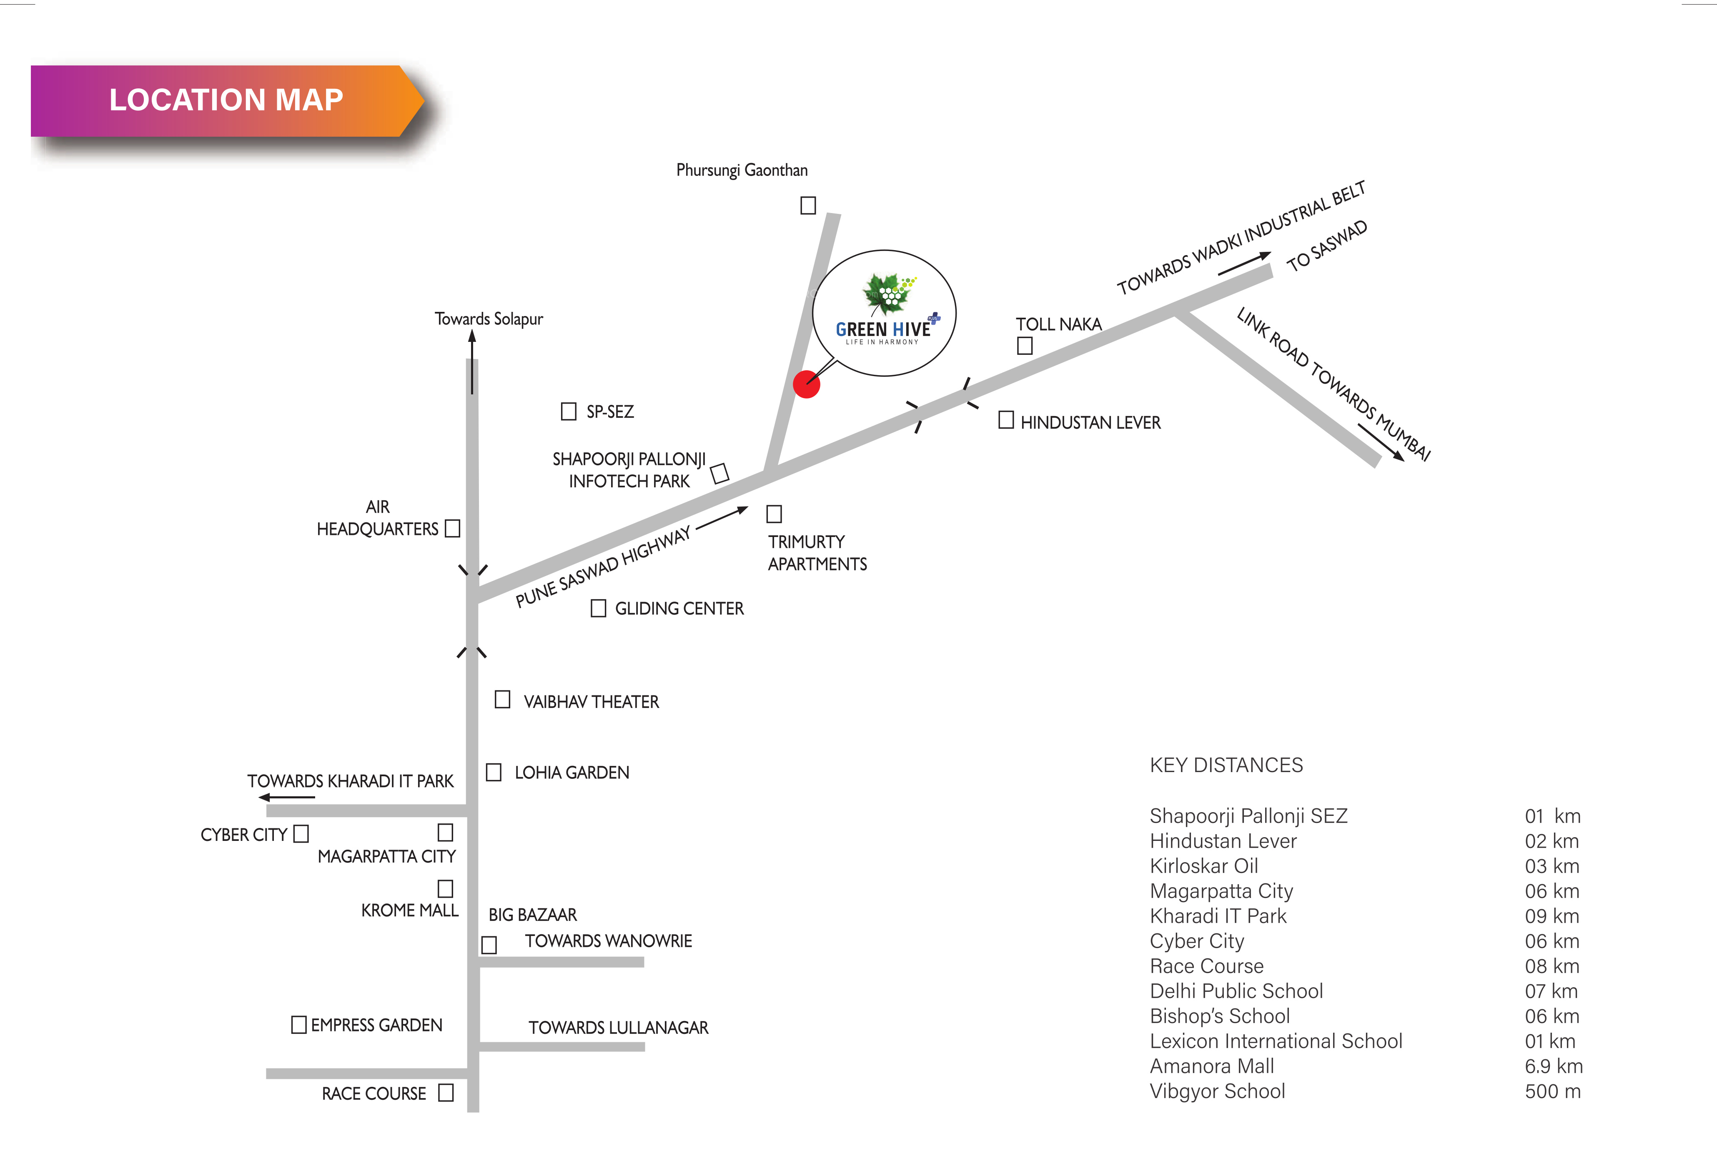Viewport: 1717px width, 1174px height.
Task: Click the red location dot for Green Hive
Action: tap(806, 384)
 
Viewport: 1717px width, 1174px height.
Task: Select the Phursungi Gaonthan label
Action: tap(742, 170)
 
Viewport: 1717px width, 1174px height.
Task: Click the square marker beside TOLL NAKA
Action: tap(1025, 345)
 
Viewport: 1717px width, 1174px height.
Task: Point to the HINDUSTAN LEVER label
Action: tap(1090, 423)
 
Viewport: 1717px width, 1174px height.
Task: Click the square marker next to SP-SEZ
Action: tap(568, 411)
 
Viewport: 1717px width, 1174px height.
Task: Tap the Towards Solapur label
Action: tap(489, 319)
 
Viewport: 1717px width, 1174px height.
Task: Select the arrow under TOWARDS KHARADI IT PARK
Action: tap(287, 797)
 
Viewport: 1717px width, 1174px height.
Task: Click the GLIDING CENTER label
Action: tap(679, 609)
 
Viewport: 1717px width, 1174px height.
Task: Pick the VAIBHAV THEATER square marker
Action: tap(502, 700)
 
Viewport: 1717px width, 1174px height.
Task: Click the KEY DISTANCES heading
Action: tap(1226, 765)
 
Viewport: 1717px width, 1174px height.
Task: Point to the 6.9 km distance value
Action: tap(1554, 1066)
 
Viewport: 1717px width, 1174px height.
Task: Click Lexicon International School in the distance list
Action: tap(1276, 1041)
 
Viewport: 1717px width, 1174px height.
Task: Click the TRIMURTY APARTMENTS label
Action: tap(817, 553)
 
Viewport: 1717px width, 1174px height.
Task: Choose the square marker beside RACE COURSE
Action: tap(446, 1093)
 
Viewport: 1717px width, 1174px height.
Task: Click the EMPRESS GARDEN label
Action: tap(376, 1026)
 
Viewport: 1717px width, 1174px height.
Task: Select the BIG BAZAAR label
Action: tap(533, 915)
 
